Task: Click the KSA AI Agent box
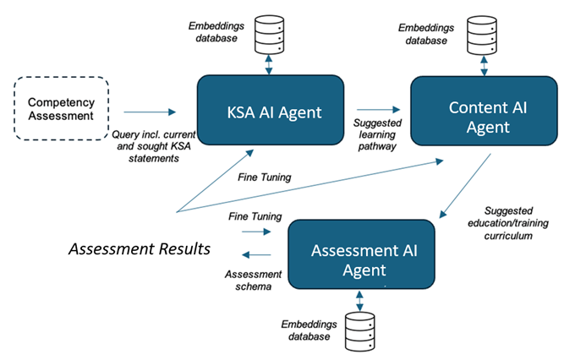point(271,110)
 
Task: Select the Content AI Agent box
point(484,111)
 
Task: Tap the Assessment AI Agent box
point(361,254)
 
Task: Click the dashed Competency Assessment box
point(61,109)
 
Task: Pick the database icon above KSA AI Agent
point(269,35)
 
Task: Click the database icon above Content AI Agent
point(482,35)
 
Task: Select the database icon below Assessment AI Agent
point(360,331)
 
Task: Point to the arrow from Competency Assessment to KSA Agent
point(150,112)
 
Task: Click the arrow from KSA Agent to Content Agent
point(379,109)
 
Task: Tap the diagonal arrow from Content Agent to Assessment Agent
point(465,186)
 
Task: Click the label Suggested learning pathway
point(377,134)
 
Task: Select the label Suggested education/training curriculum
point(508,223)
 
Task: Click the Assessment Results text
point(140,248)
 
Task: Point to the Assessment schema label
point(253,281)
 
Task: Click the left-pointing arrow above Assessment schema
point(256,255)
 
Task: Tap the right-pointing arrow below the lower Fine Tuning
point(256,232)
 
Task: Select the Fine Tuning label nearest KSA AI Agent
point(264,177)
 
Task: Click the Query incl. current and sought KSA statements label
point(154,146)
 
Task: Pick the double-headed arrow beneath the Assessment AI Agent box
point(359,301)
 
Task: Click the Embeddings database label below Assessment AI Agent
point(309,330)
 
